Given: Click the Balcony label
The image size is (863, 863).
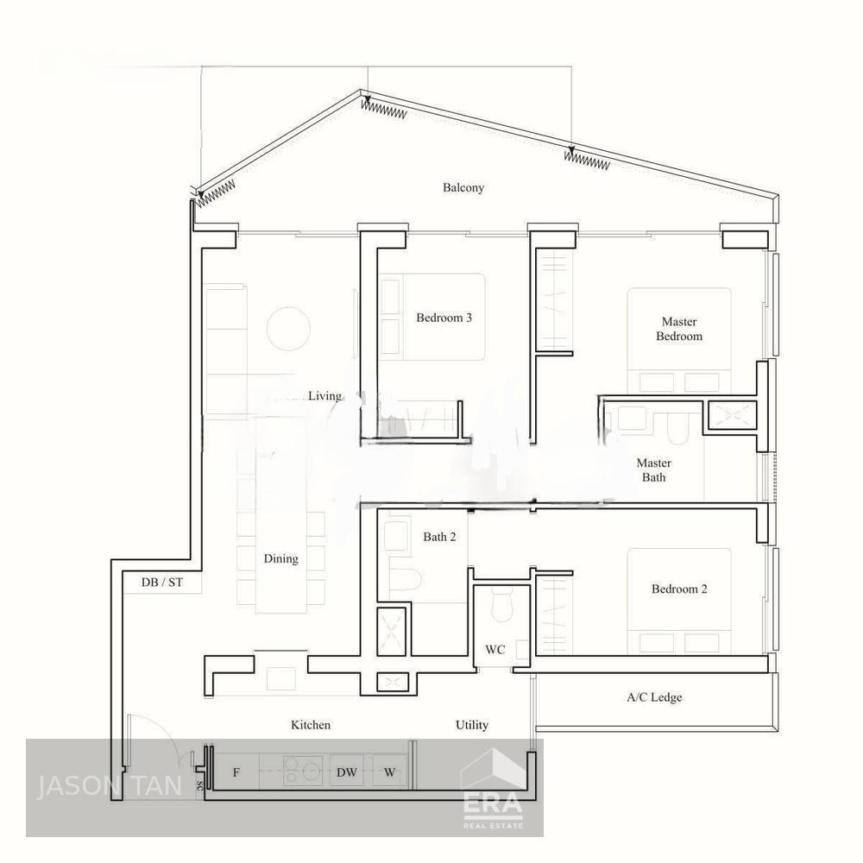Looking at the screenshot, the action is [x=463, y=187].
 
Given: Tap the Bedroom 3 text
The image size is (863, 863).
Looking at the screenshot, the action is [x=444, y=318].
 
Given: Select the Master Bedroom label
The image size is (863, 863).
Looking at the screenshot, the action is [x=679, y=329].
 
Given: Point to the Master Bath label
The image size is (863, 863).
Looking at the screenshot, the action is [x=654, y=470].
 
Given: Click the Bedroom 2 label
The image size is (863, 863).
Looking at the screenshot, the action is [x=679, y=589].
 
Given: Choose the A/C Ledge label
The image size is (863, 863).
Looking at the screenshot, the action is [x=654, y=697].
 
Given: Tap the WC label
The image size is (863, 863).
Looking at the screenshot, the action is [x=494, y=650].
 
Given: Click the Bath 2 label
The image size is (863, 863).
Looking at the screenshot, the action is [x=439, y=537].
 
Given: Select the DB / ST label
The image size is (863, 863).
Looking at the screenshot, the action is [x=162, y=582].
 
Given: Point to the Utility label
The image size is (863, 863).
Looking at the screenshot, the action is [x=472, y=725].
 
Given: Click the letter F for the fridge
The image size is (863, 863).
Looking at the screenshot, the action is [x=236, y=772].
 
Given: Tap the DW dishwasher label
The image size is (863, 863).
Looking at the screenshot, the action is [x=347, y=772].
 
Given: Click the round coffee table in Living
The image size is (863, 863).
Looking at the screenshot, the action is [x=288, y=329].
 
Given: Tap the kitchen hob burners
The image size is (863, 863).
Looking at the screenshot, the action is [x=303, y=771].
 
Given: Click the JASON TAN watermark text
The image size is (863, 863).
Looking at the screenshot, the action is [x=109, y=786].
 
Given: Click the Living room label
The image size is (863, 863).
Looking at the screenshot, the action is [x=324, y=396].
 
